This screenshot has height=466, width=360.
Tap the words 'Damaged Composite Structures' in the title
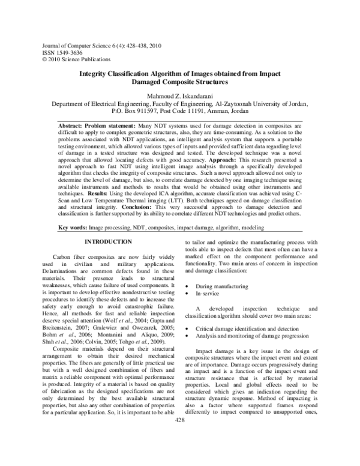[x=180, y=81]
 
